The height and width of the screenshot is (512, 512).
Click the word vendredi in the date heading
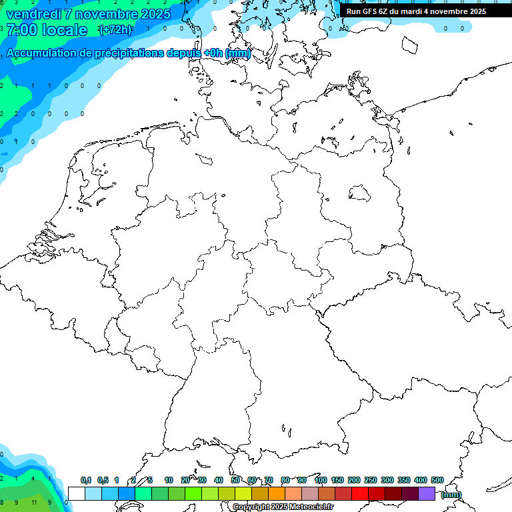[x=33, y=14]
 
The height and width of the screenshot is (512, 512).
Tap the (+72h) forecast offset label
[x=115, y=30]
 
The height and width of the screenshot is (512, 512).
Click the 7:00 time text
[x=21, y=30]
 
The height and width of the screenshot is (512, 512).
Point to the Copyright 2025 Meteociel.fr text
[x=283, y=507]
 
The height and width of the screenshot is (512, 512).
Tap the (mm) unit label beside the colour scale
[x=451, y=495]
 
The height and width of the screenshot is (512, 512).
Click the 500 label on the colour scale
[x=437, y=481]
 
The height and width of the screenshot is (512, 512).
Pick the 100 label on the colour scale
[x=320, y=481]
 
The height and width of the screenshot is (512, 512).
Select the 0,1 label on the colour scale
[x=86, y=481]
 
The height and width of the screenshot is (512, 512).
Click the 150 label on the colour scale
[x=337, y=481]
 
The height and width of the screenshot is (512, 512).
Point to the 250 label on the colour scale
[x=371, y=481]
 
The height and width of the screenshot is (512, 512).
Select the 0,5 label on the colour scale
[x=103, y=481]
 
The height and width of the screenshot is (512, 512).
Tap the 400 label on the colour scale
[x=420, y=481]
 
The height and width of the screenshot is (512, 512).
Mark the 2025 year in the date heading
[x=155, y=14]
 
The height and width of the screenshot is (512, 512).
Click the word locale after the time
[x=65, y=30]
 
